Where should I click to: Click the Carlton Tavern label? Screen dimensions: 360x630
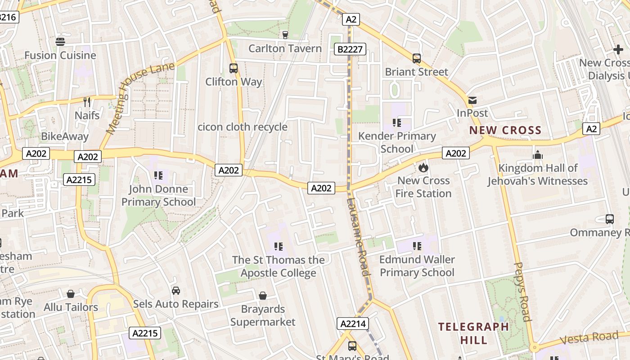coord(285,49)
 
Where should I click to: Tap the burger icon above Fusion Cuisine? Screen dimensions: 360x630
coord(60,42)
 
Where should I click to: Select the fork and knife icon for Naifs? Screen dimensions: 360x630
coord(87,102)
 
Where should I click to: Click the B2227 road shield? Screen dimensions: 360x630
coord(350,49)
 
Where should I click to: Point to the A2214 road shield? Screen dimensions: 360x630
coord(353,324)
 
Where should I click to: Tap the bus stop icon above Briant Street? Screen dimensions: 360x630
coord(417,58)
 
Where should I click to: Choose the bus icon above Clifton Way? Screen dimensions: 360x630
coord(234,68)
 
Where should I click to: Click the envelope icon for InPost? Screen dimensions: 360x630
coord(472,100)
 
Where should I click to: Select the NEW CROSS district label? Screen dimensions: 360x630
coord(505,130)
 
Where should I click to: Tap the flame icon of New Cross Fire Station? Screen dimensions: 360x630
coord(423,168)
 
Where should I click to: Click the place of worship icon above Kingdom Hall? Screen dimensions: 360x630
coord(538,155)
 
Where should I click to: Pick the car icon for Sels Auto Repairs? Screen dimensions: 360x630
coord(176,291)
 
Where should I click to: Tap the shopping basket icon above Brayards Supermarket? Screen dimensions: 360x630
coord(263,296)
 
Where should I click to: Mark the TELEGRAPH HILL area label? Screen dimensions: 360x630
coord(474,333)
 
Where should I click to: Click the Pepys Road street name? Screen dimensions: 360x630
coord(522,292)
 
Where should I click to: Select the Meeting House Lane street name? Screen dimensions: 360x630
coord(140,99)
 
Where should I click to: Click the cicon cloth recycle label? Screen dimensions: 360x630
coord(243,127)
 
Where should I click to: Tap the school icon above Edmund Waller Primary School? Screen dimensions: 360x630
coord(417,246)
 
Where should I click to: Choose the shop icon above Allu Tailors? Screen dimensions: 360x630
coord(71,294)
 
